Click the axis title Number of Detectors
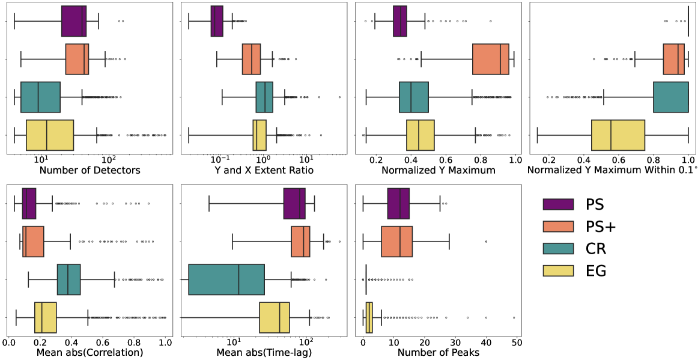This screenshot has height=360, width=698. click(90, 171)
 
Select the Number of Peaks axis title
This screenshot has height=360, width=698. click(438, 353)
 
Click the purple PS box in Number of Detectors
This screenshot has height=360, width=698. click(74, 22)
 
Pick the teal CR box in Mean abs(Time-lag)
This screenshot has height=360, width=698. click(226, 279)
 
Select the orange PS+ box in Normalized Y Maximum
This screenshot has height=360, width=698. click(491, 59)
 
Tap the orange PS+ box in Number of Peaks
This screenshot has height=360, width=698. click(396, 242)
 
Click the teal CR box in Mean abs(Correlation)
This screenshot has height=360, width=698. click(68, 279)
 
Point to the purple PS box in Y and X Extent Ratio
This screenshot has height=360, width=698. click(217, 22)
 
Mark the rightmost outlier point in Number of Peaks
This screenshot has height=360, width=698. click(514, 317)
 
